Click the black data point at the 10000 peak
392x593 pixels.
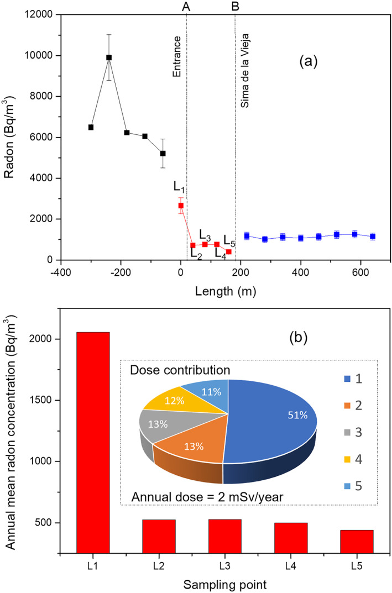click(x=109, y=57)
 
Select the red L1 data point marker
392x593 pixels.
click(x=181, y=206)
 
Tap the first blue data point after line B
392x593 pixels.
click(x=247, y=236)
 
